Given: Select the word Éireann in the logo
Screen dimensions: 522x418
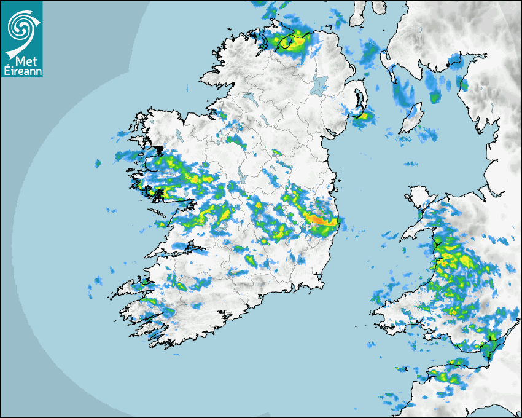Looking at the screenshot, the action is pyautogui.click(x=22, y=72).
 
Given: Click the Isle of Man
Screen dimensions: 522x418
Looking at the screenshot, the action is pyautogui.click(x=411, y=118).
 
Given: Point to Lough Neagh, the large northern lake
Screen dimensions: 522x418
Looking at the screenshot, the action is pyautogui.click(x=319, y=84).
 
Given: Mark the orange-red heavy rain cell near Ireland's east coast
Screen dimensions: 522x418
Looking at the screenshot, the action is pyautogui.click(x=317, y=219).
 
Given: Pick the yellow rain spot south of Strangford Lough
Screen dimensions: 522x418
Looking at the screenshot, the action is pyautogui.click(x=362, y=116).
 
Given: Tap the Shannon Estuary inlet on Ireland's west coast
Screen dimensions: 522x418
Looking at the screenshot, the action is pyautogui.click(x=184, y=250).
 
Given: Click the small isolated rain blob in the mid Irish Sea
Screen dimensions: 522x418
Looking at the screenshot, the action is pyautogui.click(x=410, y=164).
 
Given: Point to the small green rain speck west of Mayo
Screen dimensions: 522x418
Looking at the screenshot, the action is pyautogui.click(x=98, y=164).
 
